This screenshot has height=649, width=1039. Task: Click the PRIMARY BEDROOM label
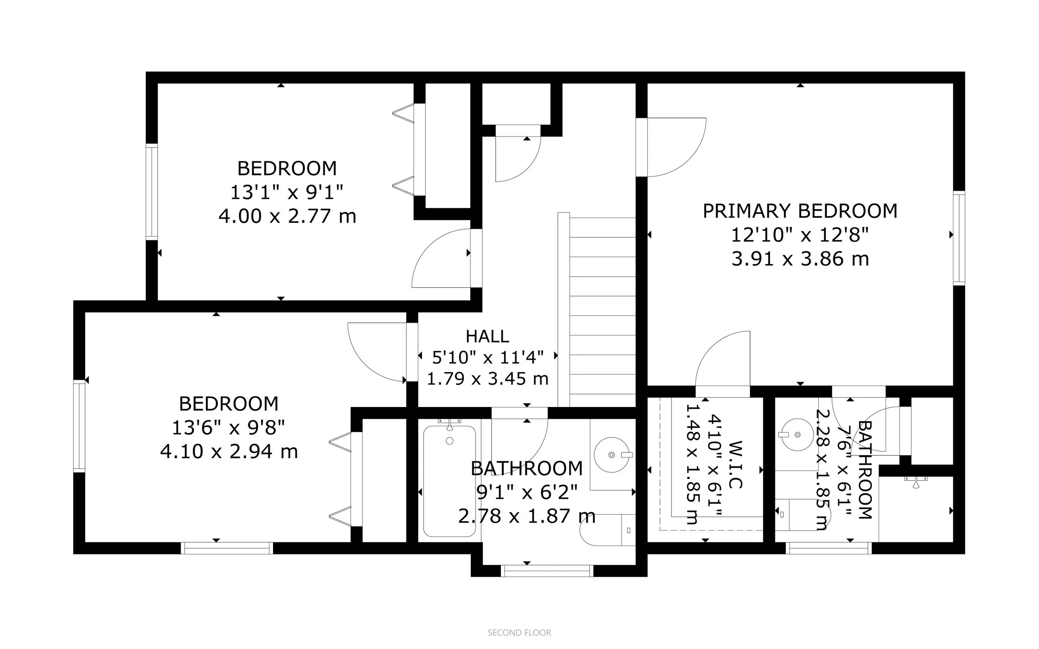(x=800, y=211)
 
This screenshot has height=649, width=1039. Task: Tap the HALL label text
(x=487, y=336)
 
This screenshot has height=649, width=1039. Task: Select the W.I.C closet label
(x=734, y=464)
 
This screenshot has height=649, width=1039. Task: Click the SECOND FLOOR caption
(x=519, y=632)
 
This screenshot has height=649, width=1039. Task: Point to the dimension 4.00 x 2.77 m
(x=288, y=216)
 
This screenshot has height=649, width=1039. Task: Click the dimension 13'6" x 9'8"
(x=229, y=427)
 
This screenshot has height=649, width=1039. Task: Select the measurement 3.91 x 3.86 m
(x=800, y=259)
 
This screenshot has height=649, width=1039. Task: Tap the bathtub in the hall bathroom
(x=450, y=481)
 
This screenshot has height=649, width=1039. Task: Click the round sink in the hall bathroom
(x=612, y=455)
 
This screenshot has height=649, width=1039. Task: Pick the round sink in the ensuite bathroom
(x=797, y=435)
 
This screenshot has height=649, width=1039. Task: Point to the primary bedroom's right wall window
(x=959, y=238)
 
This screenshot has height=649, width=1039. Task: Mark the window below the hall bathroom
(x=547, y=571)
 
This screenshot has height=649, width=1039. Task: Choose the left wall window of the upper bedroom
(x=152, y=191)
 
